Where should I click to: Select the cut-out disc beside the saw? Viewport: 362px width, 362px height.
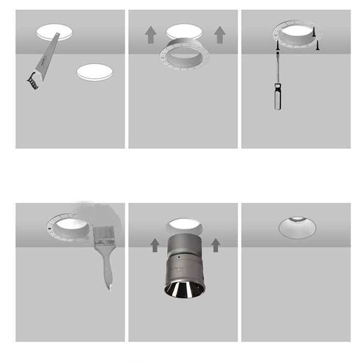[95, 72]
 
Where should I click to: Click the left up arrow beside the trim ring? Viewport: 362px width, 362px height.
[150, 35]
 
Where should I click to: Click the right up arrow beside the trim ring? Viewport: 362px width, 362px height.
[220, 35]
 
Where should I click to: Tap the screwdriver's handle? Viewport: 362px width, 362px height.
[278, 97]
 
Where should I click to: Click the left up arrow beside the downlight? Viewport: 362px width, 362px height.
[155, 245]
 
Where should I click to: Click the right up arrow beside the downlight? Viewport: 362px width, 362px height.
[216, 245]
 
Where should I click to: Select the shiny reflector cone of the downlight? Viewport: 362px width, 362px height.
[183, 290]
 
